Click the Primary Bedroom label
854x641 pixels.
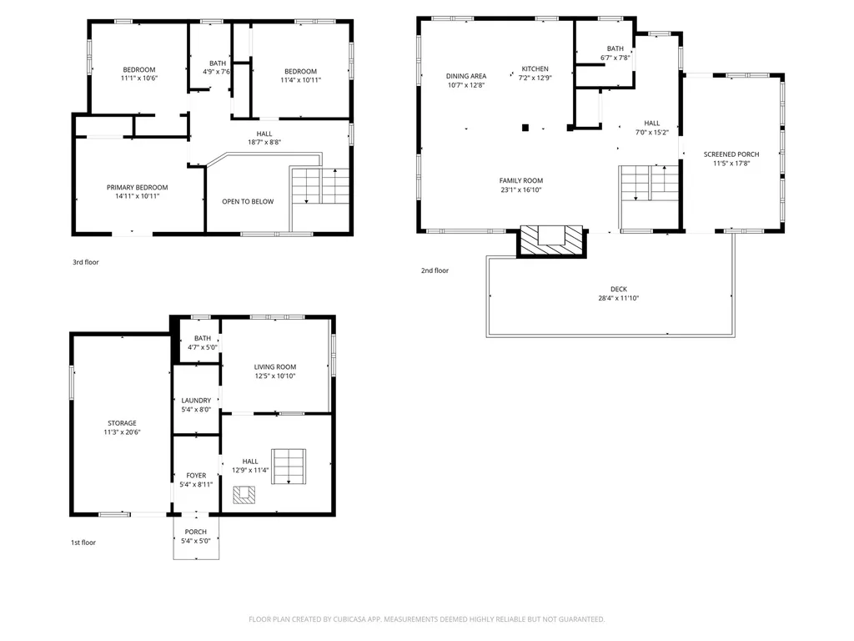click(138, 188)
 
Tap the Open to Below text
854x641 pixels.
click(248, 202)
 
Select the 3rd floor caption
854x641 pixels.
click(86, 262)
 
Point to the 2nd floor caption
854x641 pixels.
click(435, 270)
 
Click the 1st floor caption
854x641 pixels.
click(83, 543)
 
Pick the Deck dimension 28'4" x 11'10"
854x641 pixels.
click(619, 298)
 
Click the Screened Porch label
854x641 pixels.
click(731, 154)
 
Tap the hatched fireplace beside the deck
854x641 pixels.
click(552, 241)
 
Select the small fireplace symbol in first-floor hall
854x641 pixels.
click(244, 495)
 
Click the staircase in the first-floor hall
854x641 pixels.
click(289, 467)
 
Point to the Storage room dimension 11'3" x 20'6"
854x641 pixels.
click(122, 432)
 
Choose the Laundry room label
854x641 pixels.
click(196, 401)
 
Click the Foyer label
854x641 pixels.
click(196, 475)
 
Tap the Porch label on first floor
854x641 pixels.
click(195, 532)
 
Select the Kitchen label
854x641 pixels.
click(535, 68)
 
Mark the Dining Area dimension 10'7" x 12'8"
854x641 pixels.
click(466, 85)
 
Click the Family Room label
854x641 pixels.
click(521, 180)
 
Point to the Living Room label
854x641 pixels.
click(275, 367)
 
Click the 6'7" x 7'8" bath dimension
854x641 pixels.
click(615, 58)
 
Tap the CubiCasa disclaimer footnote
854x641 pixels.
click(426, 619)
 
